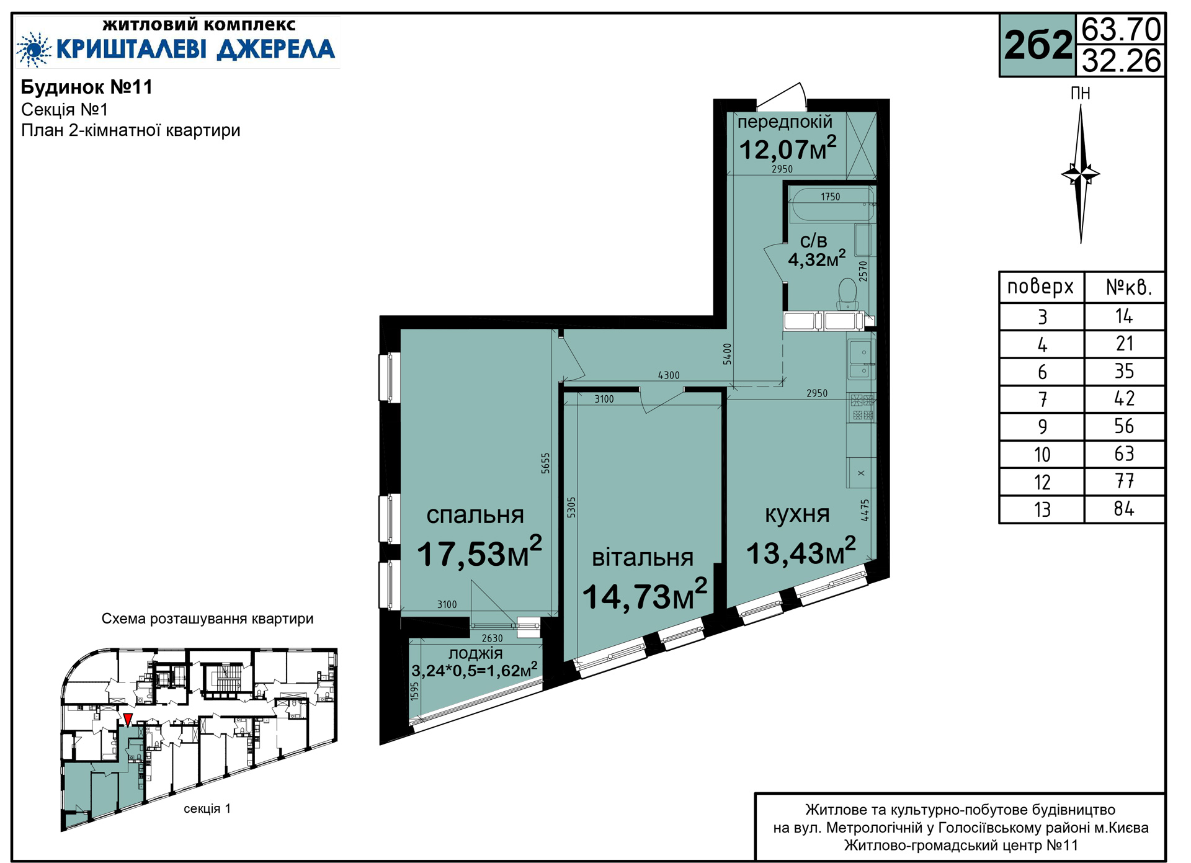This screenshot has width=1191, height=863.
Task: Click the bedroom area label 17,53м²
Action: click(479, 552)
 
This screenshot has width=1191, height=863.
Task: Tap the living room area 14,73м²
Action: click(645, 594)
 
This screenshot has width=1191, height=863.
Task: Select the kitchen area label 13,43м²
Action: click(801, 552)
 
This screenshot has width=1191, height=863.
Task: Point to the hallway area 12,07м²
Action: click(788, 148)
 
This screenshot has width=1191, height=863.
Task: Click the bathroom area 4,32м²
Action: click(817, 258)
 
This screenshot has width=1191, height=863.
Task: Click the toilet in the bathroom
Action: click(847, 293)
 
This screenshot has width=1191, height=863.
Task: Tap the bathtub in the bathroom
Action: click(832, 205)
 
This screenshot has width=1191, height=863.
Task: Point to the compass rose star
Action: click(1081, 174)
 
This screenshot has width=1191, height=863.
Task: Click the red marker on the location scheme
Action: click(128, 720)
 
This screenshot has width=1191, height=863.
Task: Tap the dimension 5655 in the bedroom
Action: click(545, 463)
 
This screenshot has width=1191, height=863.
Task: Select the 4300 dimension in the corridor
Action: click(669, 375)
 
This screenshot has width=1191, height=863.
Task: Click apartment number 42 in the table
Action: click(1124, 398)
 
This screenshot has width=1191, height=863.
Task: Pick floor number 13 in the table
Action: click(1042, 509)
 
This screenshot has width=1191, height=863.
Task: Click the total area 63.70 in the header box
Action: click(1121, 29)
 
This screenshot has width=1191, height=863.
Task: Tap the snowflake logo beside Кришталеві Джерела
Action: click(34, 49)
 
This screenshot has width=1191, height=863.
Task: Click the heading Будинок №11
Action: click(87, 87)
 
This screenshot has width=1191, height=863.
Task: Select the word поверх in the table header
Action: click(1040, 287)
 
